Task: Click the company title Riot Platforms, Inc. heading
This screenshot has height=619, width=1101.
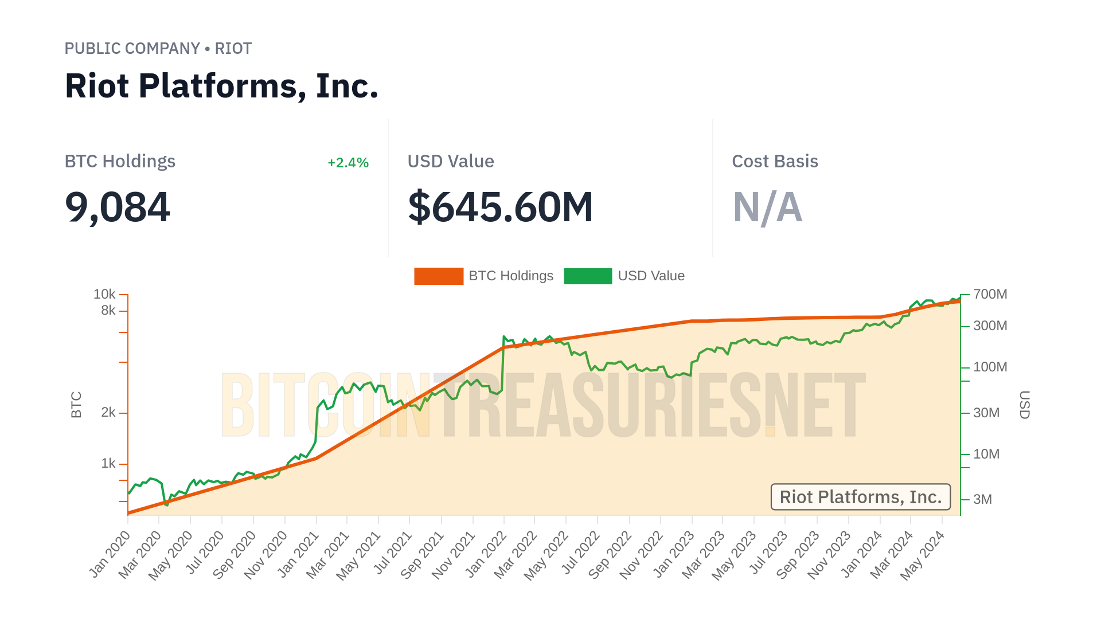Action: (221, 86)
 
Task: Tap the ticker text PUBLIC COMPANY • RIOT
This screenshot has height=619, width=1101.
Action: (158, 49)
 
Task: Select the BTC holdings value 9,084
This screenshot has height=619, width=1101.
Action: (118, 207)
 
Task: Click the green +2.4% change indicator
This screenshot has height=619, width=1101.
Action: (348, 163)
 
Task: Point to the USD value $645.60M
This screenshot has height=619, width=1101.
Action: (500, 207)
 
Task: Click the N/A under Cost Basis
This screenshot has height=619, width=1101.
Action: (767, 207)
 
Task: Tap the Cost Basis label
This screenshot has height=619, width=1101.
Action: (775, 162)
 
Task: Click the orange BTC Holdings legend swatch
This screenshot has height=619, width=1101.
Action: (439, 276)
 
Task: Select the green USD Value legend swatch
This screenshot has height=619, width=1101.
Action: (588, 276)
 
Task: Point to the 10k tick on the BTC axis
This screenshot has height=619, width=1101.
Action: (104, 295)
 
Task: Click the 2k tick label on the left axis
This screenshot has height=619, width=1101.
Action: (108, 413)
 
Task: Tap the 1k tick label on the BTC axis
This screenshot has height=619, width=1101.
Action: (108, 464)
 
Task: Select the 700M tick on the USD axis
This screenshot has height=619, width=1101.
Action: (990, 295)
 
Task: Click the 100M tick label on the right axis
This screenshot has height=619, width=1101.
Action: (990, 367)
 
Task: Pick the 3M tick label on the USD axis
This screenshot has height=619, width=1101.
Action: (982, 500)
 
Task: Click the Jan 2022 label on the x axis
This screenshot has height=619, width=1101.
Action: (486, 554)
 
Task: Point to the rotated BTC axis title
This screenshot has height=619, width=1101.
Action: (76, 405)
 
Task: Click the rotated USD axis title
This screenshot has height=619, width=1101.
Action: (1025, 405)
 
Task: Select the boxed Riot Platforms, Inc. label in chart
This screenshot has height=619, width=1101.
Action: (860, 497)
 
